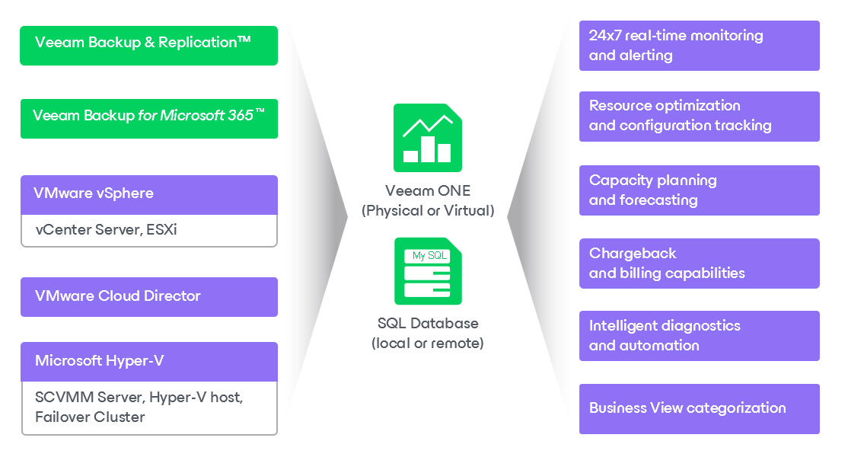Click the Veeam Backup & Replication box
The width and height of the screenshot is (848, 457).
[148, 45]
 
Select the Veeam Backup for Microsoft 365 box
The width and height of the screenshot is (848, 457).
[148, 118]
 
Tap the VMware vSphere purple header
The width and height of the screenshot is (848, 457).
[148, 194]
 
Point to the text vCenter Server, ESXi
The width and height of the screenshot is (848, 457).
[106, 229]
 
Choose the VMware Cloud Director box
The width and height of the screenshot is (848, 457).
[148, 296]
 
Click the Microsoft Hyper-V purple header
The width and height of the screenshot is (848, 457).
[148, 361]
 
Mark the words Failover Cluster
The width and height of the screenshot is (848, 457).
[90, 417]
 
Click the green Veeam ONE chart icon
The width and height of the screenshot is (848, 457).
[427, 138]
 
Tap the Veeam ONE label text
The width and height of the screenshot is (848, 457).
[427, 190]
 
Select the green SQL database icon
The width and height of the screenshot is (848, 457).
[428, 271]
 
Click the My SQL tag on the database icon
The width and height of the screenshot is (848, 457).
[429, 256]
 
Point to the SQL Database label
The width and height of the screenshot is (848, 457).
[428, 323]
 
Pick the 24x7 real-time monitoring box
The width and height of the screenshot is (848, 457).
[699, 46]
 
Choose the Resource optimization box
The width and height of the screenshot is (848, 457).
[699, 116]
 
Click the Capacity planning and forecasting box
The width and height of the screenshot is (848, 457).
[699, 190]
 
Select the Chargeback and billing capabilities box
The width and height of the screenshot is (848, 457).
[699, 263]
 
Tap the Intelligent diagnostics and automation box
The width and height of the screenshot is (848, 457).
[699, 335]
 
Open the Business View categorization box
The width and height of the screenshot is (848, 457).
[699, 408]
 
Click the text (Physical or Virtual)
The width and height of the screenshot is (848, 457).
[427, 211]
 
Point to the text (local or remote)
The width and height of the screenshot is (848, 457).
[428, 344]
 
